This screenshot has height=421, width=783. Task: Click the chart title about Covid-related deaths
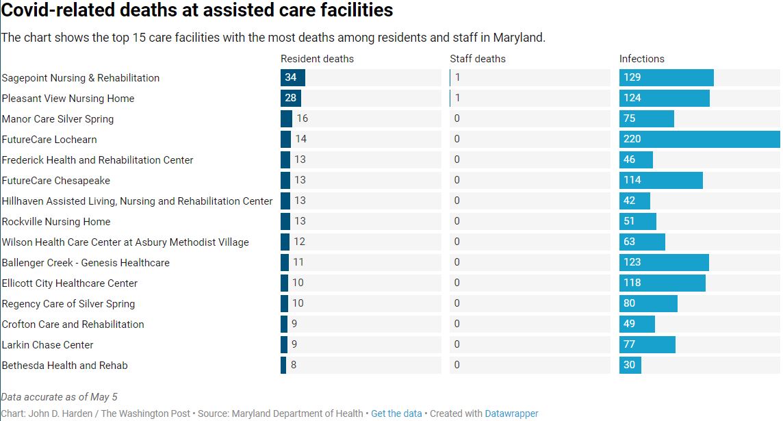pos(197,11)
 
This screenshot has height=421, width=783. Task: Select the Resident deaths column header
pos(317,59)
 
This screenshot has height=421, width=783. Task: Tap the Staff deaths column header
pos(477,59)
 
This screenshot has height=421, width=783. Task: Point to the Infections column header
pos(641,59)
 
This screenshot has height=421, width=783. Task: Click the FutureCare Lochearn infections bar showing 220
pos(699,140)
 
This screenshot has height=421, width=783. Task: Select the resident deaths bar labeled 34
pos(293,78)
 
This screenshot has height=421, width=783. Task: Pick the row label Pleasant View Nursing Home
pos(68,99)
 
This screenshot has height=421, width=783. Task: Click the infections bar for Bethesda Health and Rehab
pos(630,366)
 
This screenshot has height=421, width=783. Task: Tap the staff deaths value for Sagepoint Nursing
pos(457,78)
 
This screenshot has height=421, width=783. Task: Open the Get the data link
pos(396,413)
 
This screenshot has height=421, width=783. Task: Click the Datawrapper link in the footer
pos(511,413)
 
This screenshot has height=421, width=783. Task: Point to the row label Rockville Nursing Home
pos(56,222)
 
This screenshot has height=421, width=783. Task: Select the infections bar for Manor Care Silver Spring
pos(647,119)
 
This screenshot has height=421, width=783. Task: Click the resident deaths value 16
pos(302,119)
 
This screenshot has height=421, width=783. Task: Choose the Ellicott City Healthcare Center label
pos(70,283)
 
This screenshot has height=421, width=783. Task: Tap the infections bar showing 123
pos(664,263)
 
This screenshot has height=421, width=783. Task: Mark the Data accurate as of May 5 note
pos(60,397)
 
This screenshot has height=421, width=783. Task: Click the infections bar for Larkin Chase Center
pos(647,345)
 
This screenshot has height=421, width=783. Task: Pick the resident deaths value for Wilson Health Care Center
pos(300,242)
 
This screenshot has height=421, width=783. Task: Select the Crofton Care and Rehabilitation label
pos(73,324)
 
